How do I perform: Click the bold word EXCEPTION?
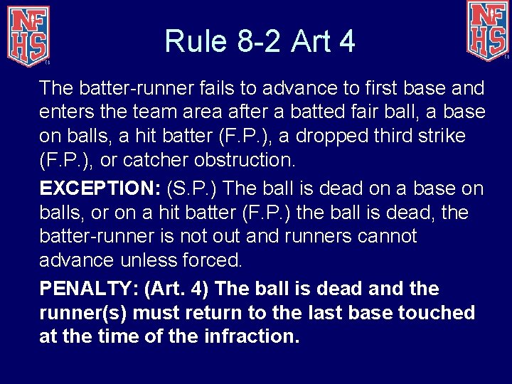[x=100, y=189]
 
